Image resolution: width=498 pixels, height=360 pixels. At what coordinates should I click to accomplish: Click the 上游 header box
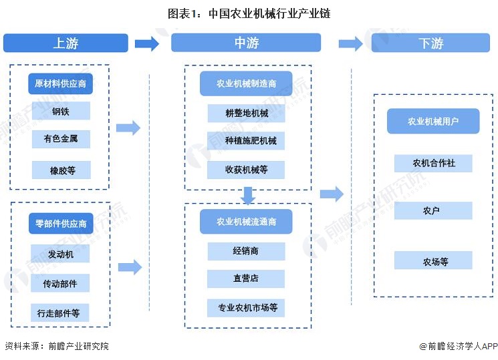[66, 43]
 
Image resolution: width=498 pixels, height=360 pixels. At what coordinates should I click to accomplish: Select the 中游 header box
[246, 43]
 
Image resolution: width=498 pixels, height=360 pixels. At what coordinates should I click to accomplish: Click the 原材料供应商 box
[61, 84]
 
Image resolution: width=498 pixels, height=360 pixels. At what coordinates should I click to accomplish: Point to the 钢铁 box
[61, 112]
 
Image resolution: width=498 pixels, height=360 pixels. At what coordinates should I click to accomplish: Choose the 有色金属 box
[61, 139]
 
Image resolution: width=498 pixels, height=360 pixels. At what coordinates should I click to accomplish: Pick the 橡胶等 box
[61, 170]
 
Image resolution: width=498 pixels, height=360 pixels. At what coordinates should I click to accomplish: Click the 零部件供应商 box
[61, 224]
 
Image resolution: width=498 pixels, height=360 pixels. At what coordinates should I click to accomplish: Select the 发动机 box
[61, 254]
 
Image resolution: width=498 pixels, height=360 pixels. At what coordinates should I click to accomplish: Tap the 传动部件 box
[61, 283]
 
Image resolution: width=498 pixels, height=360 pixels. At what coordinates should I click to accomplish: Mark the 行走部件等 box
[61, 313]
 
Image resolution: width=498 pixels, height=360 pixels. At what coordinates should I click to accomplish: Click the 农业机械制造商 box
[246, 84]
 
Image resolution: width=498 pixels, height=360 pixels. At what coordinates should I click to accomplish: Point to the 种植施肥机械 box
[246, 141]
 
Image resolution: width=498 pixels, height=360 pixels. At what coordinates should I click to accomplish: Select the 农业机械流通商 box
[246, 222]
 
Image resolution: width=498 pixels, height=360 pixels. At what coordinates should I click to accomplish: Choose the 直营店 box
[246, 279]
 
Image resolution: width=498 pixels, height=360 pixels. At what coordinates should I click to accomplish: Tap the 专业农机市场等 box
[246, 308]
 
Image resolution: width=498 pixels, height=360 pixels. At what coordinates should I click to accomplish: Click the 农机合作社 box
[433, 163]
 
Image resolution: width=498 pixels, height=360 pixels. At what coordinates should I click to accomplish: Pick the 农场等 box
[433, 260]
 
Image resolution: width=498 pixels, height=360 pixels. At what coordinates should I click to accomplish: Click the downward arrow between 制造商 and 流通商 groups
[248, 195]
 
